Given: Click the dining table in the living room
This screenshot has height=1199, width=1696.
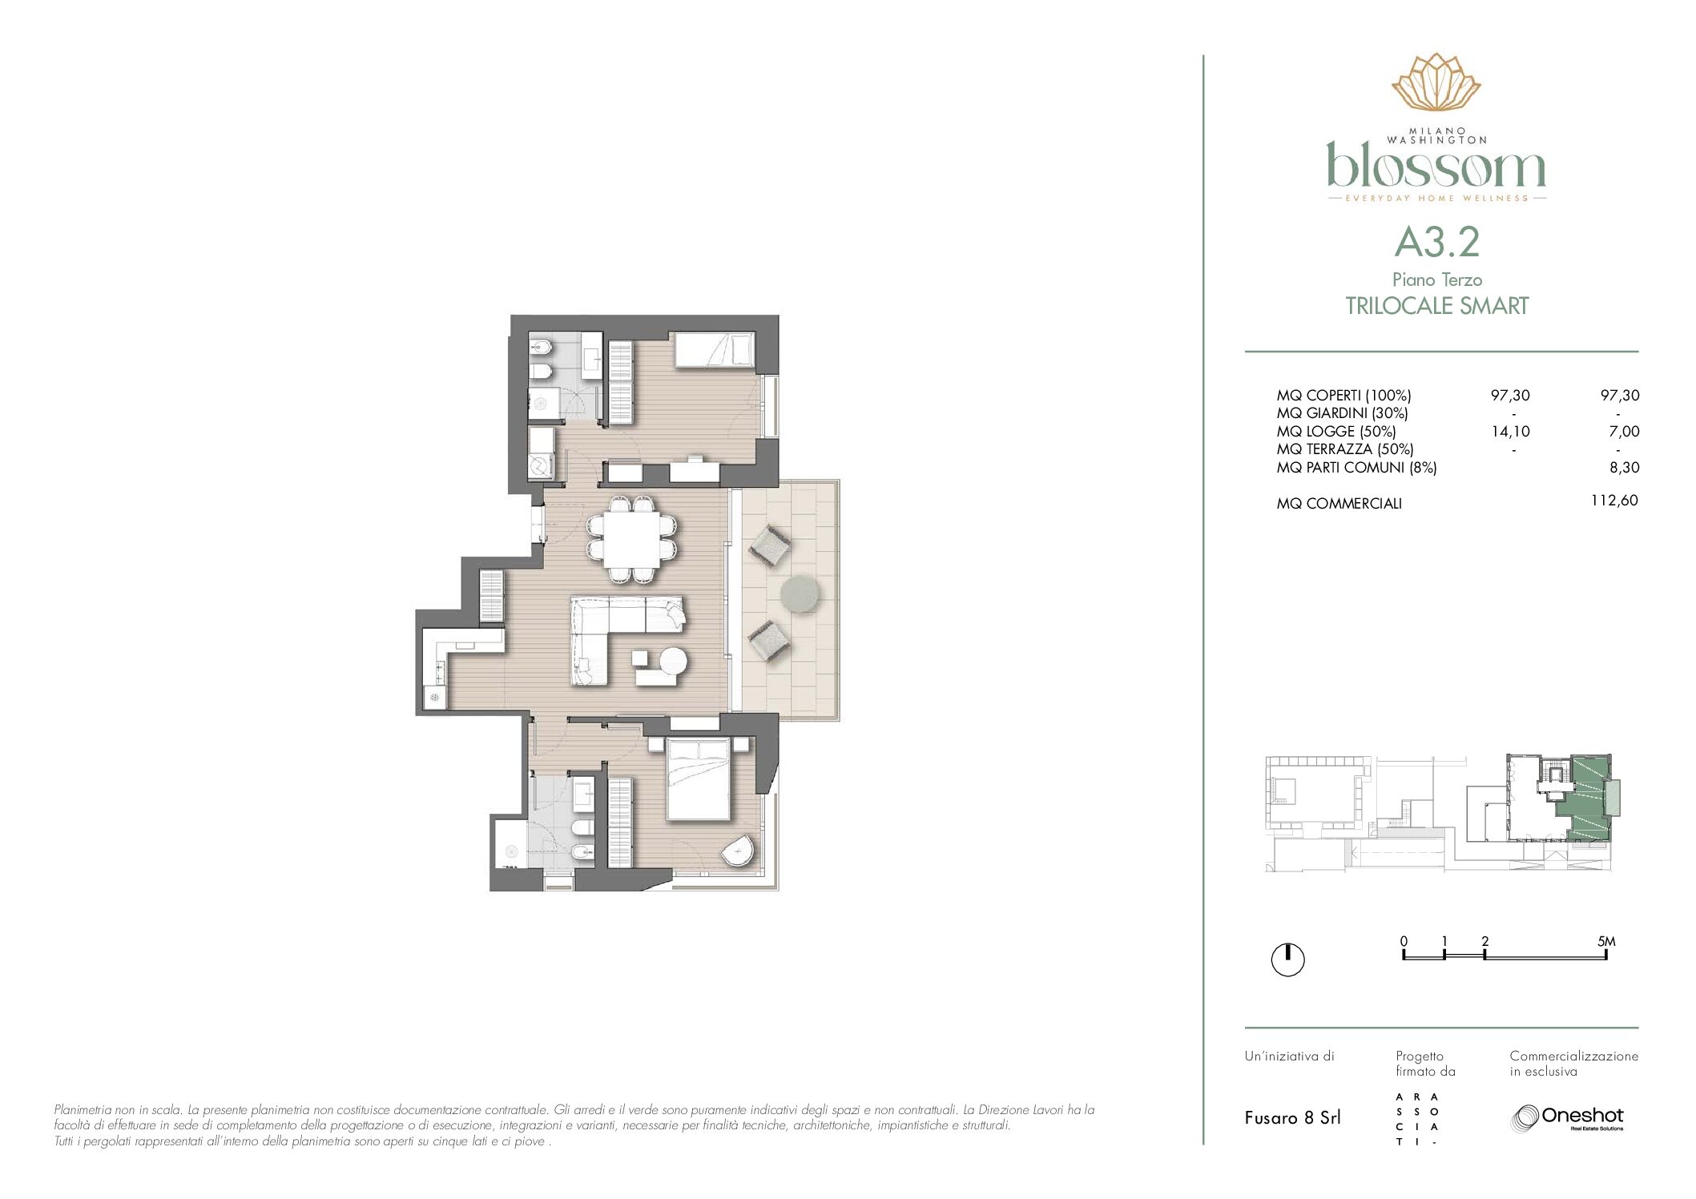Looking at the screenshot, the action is pyautogui.click(x=632, y=538).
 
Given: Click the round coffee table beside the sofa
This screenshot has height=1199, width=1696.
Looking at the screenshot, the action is pyautogui.click(x=673, y=661).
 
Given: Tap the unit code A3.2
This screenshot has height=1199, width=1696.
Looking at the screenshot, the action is pyautogui.click(x=1436, y=243).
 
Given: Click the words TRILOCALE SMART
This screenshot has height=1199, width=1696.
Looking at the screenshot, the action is pyautogui.click(x=1436, y=306).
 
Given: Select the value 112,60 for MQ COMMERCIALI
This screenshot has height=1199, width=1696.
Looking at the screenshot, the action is pyautogui.click(x=1614, y=501).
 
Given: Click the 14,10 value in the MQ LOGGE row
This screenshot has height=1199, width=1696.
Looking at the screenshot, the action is pyautogui.click(x=1510, y=432).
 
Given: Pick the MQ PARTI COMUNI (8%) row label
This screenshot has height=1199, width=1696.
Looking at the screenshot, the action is pyautogui.click(x=1356, y=468).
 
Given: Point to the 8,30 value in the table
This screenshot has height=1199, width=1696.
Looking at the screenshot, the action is pyautogui.click(x=1624, y=468).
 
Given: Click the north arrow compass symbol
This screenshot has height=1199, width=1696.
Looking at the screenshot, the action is pyautogui.click(x=1287, y=960).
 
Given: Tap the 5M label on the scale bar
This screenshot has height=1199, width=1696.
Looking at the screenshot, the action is pyautogui.click(x=1606, y=942).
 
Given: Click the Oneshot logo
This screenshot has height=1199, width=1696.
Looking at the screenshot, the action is pyautogui.click(x=1566, y=1117).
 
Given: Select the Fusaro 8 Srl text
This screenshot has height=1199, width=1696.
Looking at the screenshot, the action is pyautogui.click(x=1292, y=1118).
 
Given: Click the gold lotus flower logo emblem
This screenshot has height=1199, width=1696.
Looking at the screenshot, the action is pyautogui.click(x=1436, y=82).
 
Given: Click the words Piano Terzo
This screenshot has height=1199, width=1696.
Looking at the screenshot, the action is pyautogui.click(x=1437, y=280).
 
